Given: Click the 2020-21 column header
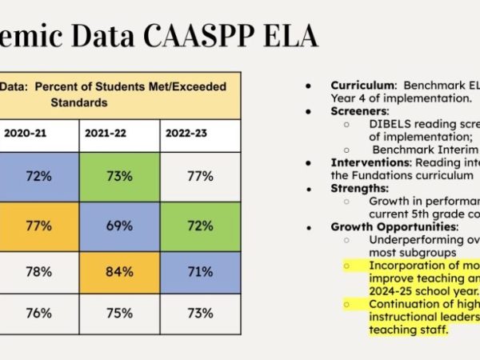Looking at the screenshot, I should (22, 133).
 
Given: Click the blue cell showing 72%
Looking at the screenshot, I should (38, 176).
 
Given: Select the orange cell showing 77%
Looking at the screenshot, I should (38, 225).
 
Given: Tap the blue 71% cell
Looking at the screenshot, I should (199, 271).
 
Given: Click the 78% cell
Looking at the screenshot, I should (38, 271).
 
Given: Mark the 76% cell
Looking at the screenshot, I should (38, 313).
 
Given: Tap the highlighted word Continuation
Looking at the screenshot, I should (411, 304).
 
